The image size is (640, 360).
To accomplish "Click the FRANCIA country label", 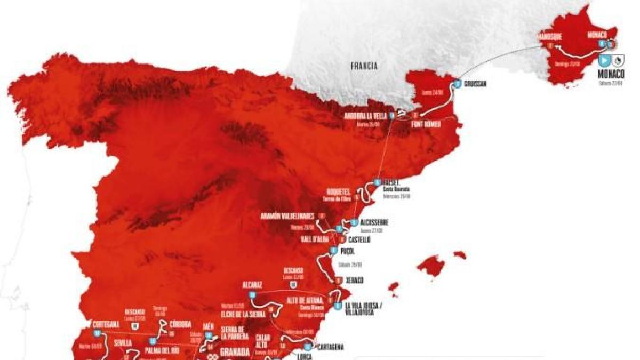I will pyautogui.click(x=364, y=67).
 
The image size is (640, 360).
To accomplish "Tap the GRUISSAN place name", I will pyautogui.click(x=476, y=84).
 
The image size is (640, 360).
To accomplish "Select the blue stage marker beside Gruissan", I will pyautogui.click(x=457, y=84).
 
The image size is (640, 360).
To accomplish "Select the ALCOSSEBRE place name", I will pyautogui.click(x=375, y=222).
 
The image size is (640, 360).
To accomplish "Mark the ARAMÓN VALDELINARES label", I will pyautogui.click(x=287, y=216).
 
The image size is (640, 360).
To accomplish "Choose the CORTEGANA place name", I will pyautogui.click(x=105, y=324).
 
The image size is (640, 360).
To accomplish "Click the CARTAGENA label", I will pyautogui.click(x=329, y=347).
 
